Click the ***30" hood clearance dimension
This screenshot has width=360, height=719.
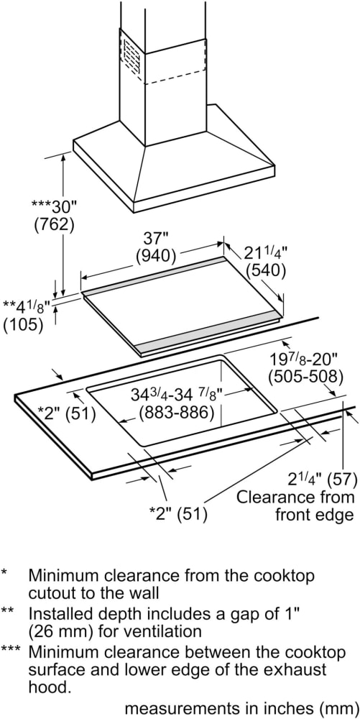pos(53,207)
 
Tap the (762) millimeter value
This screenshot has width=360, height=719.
pos(54,225)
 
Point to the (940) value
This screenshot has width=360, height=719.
pos(156,257)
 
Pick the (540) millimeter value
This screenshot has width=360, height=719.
pos(266,270)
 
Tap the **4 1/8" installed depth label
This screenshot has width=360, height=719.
pos(26,306)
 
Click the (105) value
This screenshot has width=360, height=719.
pos(23,325)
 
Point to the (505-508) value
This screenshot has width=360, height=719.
pos(305,377)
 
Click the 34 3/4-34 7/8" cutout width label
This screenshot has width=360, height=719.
pos(176,394)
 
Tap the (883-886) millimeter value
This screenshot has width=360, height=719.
pos(177,413)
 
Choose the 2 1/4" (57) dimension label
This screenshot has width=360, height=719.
pos(322,480)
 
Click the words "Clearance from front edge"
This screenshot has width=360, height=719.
pos(296,505)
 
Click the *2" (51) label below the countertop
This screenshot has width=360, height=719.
pos(179,513)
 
